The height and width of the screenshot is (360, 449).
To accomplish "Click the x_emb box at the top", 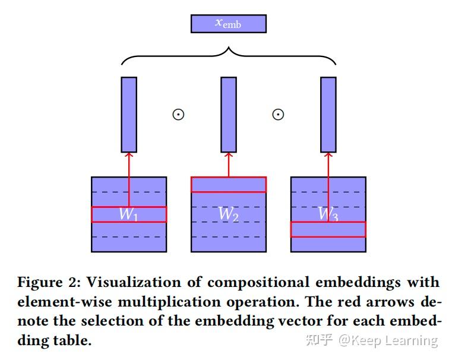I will [228, 24].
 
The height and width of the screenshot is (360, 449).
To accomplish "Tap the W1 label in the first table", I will [128, 214].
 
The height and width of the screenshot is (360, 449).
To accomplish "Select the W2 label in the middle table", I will [228, 214].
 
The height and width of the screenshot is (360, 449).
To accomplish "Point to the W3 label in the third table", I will [328, 214].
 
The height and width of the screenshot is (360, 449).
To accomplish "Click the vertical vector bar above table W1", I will [129, 115].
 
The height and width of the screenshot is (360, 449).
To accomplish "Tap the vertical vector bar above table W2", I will [229, 115].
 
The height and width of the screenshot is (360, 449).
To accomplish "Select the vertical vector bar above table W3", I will [328, 115].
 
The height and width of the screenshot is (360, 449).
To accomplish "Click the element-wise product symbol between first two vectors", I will [178, 114].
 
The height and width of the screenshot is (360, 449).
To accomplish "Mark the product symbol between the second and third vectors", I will [278, 114].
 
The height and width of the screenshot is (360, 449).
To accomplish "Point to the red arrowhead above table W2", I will [229, 156].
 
